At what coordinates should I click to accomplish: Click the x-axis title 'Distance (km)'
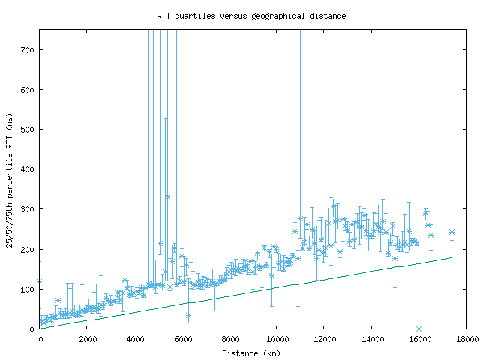tap(251, 353)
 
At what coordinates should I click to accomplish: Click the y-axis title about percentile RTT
tap(9, 180)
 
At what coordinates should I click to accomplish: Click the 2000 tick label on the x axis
tap(87, 339)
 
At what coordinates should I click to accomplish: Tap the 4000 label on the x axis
tap(134, 339)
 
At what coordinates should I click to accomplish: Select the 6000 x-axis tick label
tap(181, 339)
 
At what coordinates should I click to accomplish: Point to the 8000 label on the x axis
tap(229, 339)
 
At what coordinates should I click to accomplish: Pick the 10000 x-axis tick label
tap(277, 339)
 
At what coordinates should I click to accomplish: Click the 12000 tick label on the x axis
tap(324, 339)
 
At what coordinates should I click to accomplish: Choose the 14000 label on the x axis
tap(371, 339)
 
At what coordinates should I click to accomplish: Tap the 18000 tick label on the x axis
tap(466, 339)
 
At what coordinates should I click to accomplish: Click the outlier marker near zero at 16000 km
tap(418, 328)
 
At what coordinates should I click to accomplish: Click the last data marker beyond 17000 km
tap(451, 232)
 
